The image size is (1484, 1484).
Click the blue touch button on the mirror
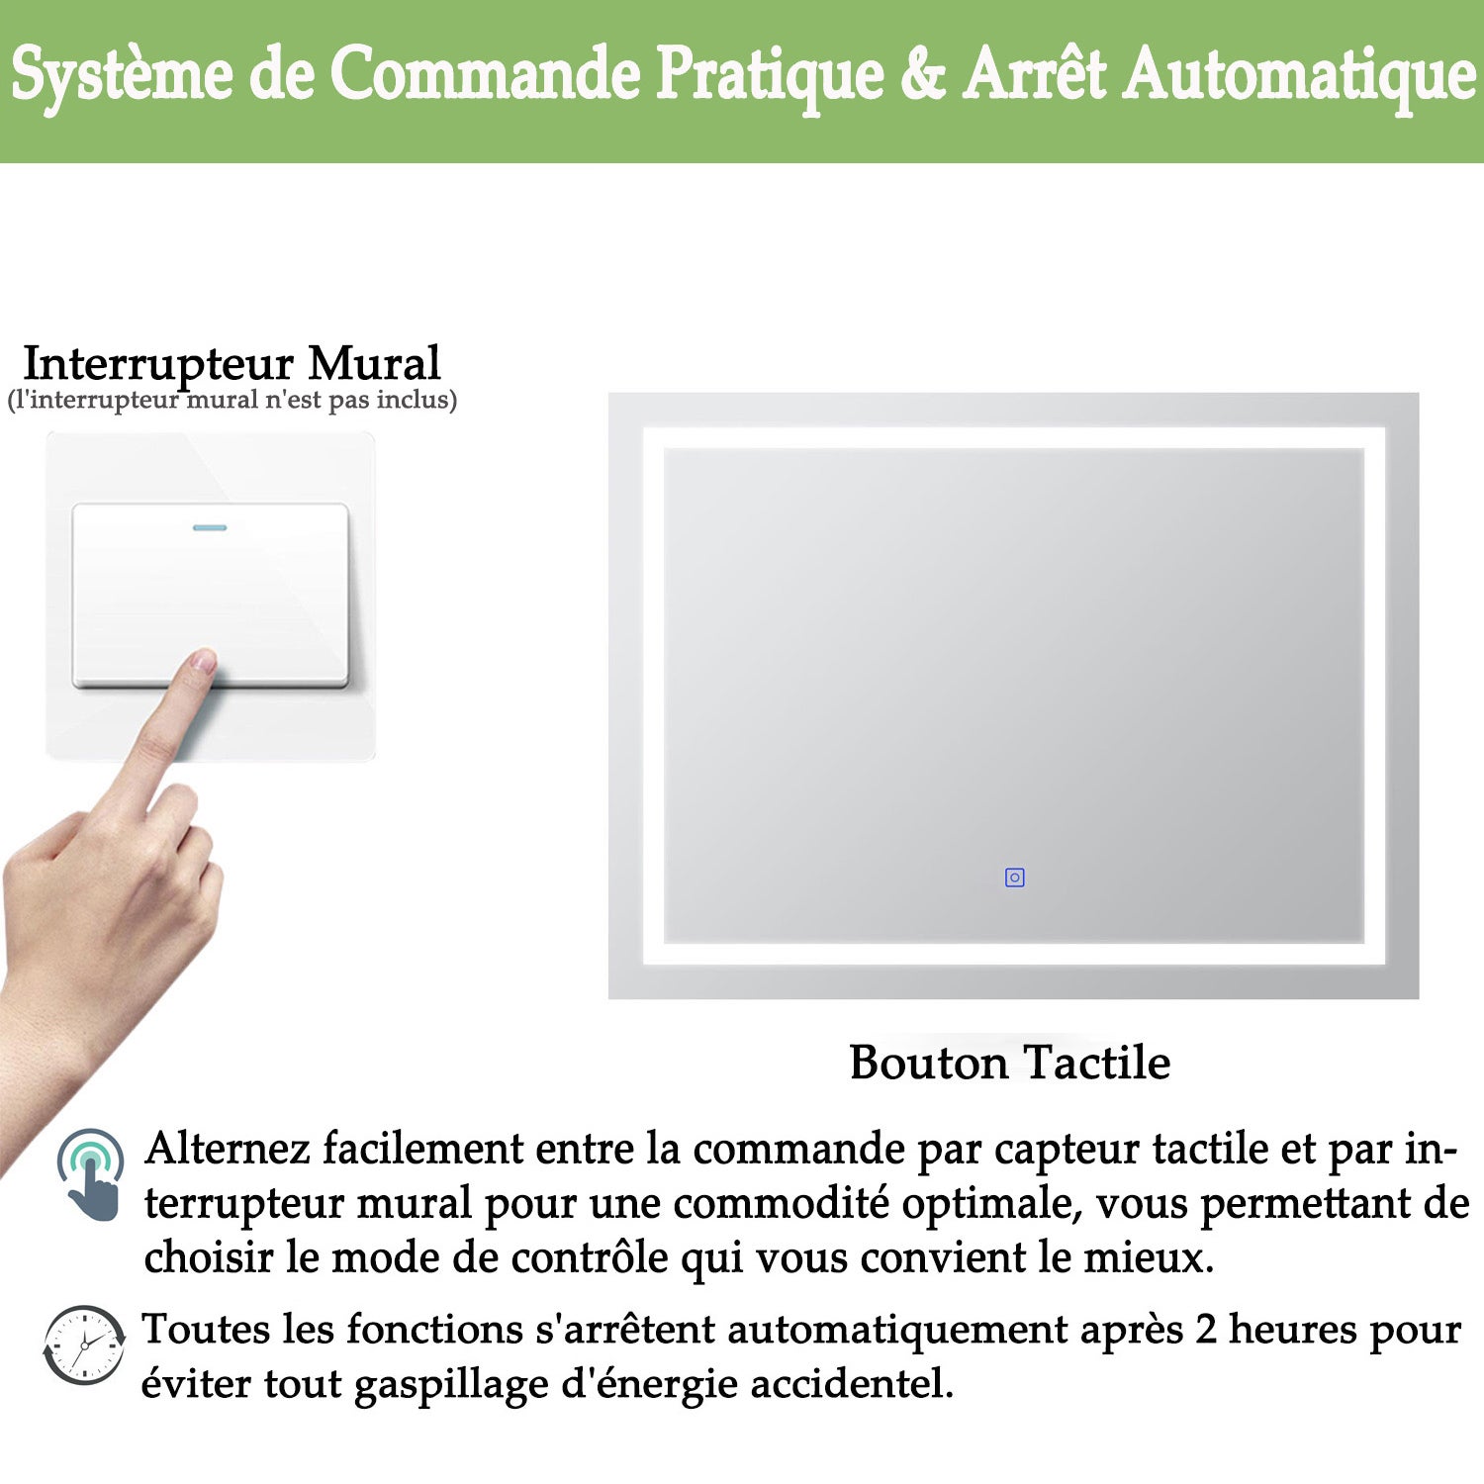click(1014, 878)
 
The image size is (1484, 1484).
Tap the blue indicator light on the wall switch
click(210, 527)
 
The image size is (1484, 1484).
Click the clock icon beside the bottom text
click(84, 1345)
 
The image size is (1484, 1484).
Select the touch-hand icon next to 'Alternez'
click(91, 1175)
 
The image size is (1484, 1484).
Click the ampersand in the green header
click(923, 75)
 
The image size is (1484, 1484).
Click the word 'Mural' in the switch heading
click(374, 363)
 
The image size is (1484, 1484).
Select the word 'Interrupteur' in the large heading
click(158, 365)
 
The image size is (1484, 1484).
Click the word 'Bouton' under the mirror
click(929, 1063)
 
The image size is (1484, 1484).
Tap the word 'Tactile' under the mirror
click(1097, 1062)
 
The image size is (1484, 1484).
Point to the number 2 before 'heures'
click(1205, 1330)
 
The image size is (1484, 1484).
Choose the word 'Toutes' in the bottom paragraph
click(206, 1329)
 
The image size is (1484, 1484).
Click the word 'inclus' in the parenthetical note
click(417, 400)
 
